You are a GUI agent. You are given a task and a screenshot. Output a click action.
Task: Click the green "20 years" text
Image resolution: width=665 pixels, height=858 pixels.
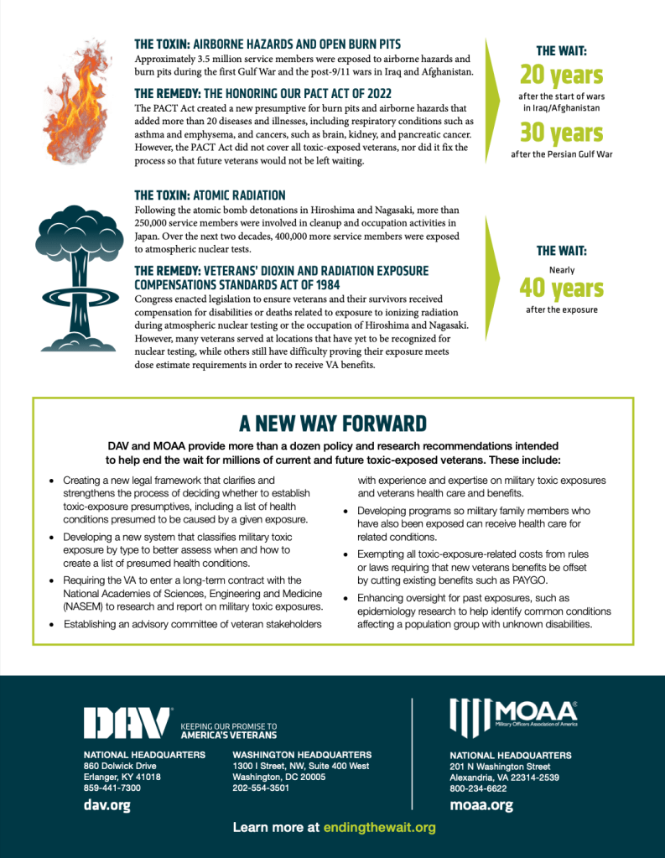coord(561,75)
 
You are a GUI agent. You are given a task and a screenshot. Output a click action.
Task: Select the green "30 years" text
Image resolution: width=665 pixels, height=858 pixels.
coord(561,133)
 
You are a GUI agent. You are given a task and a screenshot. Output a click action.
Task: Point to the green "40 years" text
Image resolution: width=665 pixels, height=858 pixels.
coord(561,289)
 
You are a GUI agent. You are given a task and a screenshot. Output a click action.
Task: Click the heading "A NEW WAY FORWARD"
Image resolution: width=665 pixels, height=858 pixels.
coord(333,423)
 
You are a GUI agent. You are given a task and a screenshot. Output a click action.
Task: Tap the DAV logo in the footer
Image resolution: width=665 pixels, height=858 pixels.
coord(127,722)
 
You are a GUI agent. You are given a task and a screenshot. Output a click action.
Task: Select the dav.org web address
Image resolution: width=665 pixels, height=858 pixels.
coord(107,805)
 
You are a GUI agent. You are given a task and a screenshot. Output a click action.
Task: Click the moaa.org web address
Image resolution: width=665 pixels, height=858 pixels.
coord(481,805)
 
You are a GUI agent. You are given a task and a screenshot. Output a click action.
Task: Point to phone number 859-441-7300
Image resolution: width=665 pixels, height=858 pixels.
coord(112,788)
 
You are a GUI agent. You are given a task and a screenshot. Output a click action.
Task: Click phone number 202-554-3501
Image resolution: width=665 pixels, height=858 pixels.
coord(261,788)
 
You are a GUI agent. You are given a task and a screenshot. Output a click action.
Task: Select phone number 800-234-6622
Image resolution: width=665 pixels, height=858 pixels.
coord(479,788)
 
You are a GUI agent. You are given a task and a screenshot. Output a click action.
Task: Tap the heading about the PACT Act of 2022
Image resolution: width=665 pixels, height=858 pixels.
coord(262,93)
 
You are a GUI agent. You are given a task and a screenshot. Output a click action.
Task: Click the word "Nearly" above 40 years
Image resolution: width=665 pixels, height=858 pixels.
coord(561,270)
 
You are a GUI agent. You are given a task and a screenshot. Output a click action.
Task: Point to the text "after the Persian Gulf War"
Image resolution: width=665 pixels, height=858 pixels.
coord(561,154)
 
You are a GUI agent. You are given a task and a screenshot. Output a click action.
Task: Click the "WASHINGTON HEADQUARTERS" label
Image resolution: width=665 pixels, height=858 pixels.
coord(302,755)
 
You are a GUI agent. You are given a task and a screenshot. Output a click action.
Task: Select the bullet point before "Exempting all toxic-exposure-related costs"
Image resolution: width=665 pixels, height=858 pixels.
coord(346,554)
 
